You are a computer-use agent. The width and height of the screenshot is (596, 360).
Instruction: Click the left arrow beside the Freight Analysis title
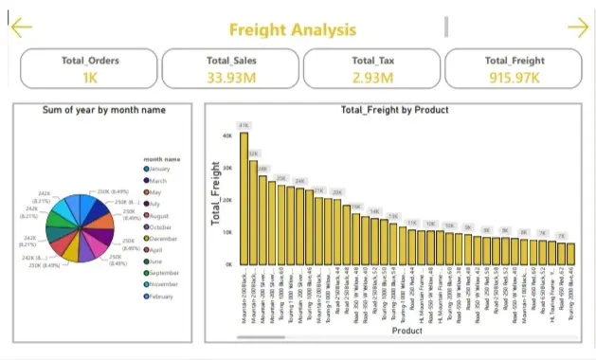pyautogui.click(x=21, y=27)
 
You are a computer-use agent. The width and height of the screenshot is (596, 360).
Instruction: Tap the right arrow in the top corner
pyautogui.click(x=576, y=27)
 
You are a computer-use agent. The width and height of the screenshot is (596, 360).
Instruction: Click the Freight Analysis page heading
pyautogui.click(x=293, y=28)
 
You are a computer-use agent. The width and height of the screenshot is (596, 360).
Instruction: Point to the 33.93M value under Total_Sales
pyautogui.click(x=231, y=77)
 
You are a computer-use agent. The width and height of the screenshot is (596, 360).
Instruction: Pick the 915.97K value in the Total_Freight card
pyautogui.click(x=514, y=77)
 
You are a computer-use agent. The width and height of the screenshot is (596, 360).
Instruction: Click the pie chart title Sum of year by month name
pyautogui.click(x=104, y=110)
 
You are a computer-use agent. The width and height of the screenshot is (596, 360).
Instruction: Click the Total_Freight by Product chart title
pyautogui.click(x=394, y=110)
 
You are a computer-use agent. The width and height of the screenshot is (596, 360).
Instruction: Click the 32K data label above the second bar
pyautogui.click(x=253, y=153)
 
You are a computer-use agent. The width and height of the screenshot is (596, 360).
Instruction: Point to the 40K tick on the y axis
pyautogui.click(x=227, y=135)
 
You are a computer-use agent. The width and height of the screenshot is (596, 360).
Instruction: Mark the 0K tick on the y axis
pyautogui.click(x=228, y=263)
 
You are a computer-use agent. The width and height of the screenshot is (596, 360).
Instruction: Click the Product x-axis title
pyautogui.click(x=407, y=332)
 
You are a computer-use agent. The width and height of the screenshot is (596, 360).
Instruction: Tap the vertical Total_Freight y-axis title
pyautogui.click(x=215, y=198)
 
